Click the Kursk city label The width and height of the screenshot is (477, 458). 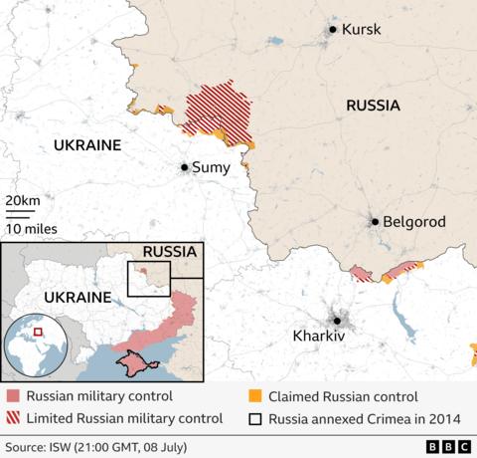[x=361, y=30]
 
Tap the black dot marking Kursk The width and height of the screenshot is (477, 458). [x=333, y=30]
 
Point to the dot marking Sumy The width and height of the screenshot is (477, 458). [x=184, y=167]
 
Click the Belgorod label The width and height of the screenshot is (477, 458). [x=415, y=222]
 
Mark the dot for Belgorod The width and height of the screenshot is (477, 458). [x=375, y=222]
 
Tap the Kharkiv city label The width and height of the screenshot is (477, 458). [x=319, y=338]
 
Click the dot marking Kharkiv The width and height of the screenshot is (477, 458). [x=338, y=320]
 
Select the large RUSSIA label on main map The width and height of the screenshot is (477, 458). [x=373, y=106]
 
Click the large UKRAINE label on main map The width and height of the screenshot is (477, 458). [x=86, y=145]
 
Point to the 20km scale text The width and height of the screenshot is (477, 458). [x=23, y=201]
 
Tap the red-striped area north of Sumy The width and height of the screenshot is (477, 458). [x=219, y=110]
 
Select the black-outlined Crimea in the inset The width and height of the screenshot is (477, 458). [x=138, y=366]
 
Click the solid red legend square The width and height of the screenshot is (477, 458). [x=11, y=396]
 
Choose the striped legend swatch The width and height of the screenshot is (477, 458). [x=11, y=418]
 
